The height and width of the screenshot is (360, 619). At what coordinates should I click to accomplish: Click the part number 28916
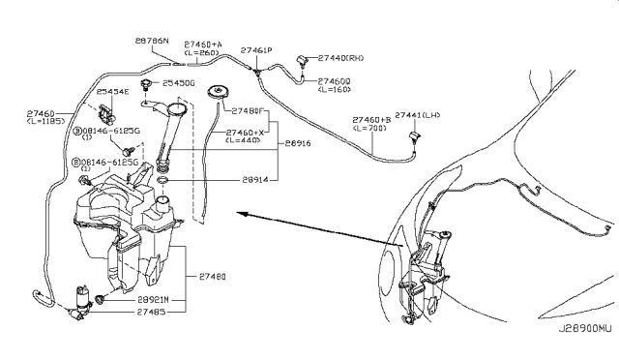click(298, 142)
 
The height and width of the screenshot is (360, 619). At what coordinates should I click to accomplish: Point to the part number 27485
click(154, 312)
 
